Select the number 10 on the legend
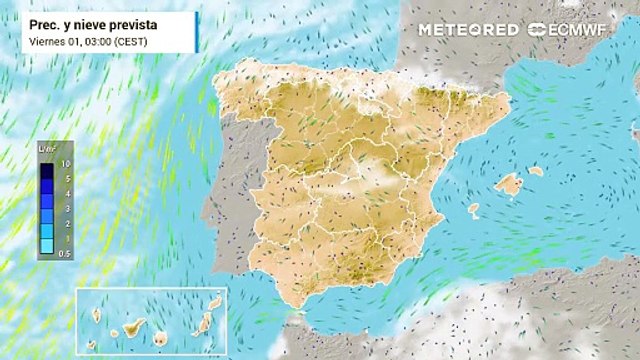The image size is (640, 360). [65, 162]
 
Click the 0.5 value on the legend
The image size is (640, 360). [65, 255]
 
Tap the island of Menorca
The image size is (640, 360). [536, 171]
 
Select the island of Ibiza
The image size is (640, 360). [473, 208]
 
